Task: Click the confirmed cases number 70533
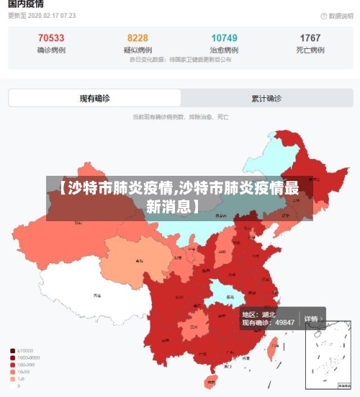point(50,38)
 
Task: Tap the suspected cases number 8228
point(138,38)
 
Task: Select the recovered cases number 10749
point(224,38)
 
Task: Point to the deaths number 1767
point(310,38)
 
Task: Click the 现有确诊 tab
point(94,98)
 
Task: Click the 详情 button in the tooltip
point(311,318)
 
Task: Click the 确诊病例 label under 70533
point(50,50)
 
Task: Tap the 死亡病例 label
point(310,50)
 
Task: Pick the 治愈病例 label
point(224,50)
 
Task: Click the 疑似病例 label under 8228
point(138,50)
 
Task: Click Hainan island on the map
point(211,380)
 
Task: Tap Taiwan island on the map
point(271,349)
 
